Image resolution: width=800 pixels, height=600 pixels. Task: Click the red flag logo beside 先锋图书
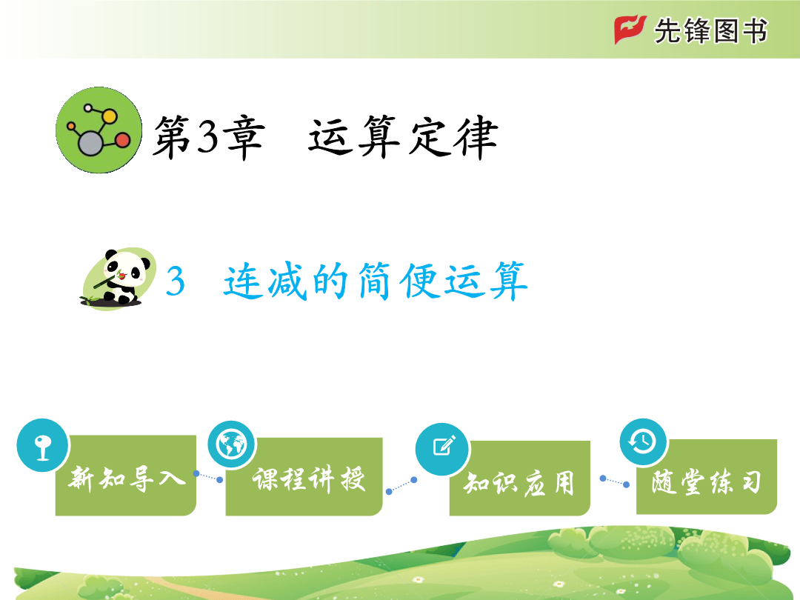[630, 30]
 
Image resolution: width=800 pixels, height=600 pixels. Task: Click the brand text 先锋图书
[710, 30]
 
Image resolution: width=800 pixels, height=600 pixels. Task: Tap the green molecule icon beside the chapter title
[99, 130]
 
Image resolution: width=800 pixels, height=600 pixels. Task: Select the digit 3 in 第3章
[207, 138]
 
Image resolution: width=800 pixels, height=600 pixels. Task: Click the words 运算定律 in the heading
[403, 137]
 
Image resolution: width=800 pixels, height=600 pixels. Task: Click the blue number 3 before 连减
[175, 281]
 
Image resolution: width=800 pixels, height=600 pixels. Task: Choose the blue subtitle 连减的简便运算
[376, 281]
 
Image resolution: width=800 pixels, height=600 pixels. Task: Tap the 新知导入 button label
[127, 479]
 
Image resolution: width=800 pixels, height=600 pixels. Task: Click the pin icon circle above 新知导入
[42, 445]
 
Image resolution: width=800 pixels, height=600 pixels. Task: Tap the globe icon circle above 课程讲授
[232, 444]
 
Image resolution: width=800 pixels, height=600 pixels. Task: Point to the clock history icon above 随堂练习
[644, 441]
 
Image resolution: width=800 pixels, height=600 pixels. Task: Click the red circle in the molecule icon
[123, 140]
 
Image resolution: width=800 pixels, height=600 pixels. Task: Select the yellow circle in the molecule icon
[109, 116]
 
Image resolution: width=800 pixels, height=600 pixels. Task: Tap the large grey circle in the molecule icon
[90, 143]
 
